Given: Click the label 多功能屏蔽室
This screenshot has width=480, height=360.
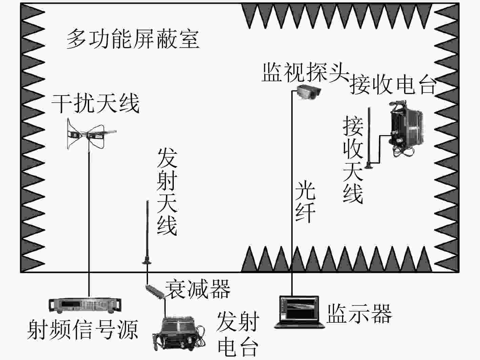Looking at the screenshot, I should click(x=132, y=39).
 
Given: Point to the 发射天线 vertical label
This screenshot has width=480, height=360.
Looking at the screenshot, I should click(x=167, y=192).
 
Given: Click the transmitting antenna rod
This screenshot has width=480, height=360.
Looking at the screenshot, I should click(x=147, y=230).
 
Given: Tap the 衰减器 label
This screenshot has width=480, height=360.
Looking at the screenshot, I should click(x=197, y=289).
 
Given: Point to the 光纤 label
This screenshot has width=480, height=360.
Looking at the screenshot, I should click(x=305, y=201).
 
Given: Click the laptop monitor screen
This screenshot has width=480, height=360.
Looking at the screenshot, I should click(x=299, y=309).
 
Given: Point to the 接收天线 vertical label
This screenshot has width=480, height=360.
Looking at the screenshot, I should click(x=353, y=160).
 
